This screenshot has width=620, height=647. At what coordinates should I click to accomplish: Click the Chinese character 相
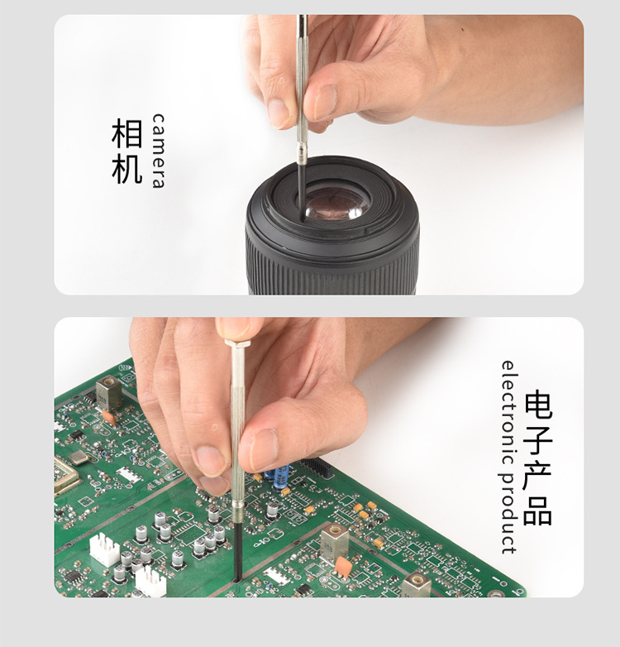[127, 133]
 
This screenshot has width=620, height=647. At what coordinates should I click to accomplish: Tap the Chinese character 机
[127, 168]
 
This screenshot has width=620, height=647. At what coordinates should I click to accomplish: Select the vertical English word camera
[158, 151]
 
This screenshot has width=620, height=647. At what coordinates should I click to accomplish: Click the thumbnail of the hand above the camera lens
[325, 102]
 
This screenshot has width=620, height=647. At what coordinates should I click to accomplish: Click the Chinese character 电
[537, 405]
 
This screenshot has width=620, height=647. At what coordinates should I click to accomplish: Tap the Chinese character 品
[537, 510]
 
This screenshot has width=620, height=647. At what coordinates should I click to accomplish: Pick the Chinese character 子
[537, 441]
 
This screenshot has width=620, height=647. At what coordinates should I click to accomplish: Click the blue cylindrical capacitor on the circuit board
[281, 474]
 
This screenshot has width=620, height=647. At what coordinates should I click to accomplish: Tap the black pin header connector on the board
[317, 467]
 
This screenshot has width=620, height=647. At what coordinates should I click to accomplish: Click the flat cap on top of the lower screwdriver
[238, 343]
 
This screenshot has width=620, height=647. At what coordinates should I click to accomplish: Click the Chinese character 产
[537, 476]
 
